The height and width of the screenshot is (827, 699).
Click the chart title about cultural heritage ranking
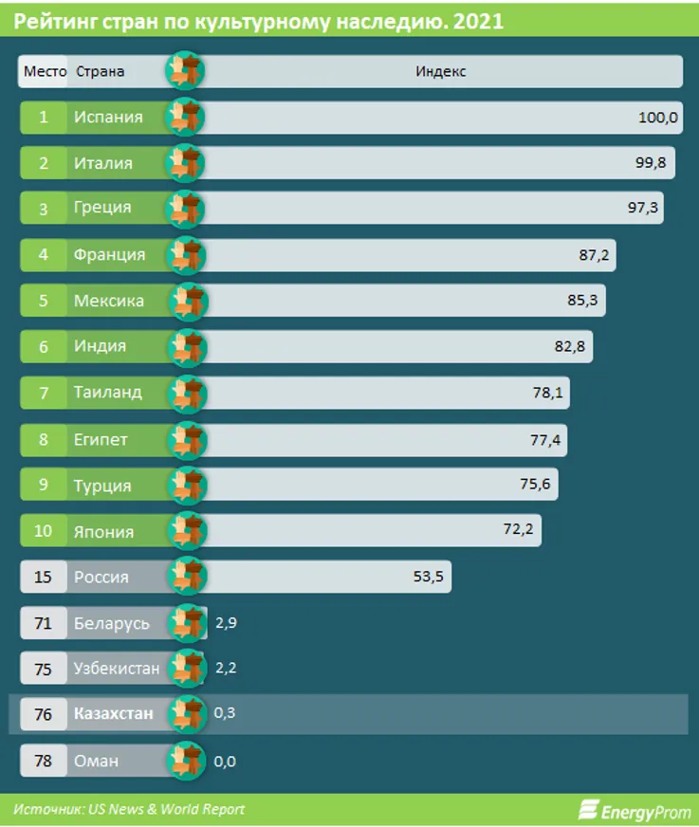tap(259, 20)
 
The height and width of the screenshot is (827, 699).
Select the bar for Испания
tap(427, 118)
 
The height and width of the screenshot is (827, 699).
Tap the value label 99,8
tap(650, 163)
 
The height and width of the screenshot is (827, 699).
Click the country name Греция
tap(102, 208)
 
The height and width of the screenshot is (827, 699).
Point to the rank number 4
tap(44, 254)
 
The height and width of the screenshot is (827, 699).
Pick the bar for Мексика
tap(398, 301)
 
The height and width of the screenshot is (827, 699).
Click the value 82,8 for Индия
tap(569, 346)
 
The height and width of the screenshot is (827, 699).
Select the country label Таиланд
tap(107, 392)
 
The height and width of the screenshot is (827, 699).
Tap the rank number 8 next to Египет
tap(44, 439)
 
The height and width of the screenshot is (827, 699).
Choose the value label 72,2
tap(519, 530)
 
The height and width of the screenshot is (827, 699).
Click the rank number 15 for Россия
tap(44, 576)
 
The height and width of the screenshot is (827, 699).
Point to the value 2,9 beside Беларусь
tap(226, 623)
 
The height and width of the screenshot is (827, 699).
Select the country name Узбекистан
tap(117, 668)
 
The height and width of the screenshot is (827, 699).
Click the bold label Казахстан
tap(114, 714)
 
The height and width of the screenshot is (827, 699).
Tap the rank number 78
tap(44, 761)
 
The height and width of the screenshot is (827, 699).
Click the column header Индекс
tap(440, 71)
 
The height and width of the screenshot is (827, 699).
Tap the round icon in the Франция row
tap(185, 254)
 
